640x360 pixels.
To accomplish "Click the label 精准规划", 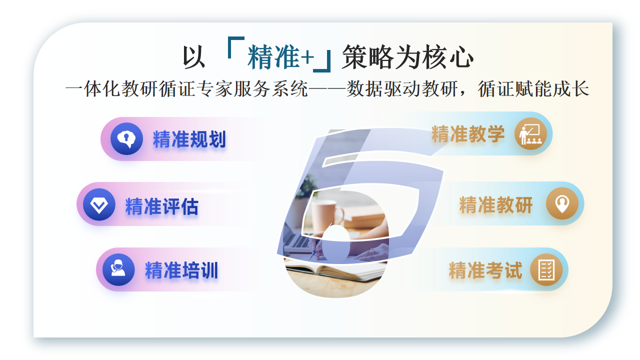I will pyautogui.click(x=190, y=139).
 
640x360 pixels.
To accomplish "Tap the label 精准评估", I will pyautogui.click(x=162, y=207).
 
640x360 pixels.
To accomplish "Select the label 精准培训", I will pyautogui.click(x=181, y=270).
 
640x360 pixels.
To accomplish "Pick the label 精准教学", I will pyautogui.click(x=468, y=134).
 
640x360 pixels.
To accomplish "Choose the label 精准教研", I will pyautogui.click(x=496, y=205).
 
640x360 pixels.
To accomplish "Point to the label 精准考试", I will pyautogui.click(x=486, y=270).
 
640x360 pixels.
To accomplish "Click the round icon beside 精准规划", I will pyautogui.click(x=126, y=139).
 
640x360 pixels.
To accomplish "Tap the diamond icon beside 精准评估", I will pyautogui.click(x=98, y=206).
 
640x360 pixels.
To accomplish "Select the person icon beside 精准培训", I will pyautogui.click(x=117, y=270).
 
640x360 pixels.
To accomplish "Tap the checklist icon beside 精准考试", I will pyautogui.click(x=546, y=270).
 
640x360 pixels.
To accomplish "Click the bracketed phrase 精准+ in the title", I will pyautogui.click(x=280, y=52).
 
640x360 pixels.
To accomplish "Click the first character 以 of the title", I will pyautogui.click(x=192, y=53).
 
